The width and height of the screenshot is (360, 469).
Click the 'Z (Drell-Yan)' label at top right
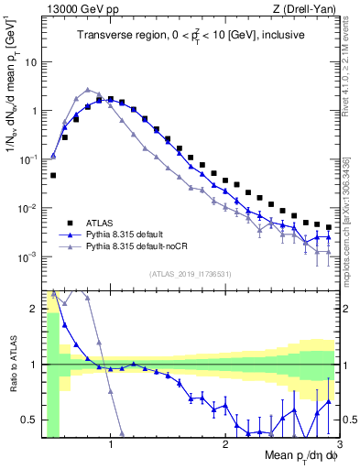tap(307, 9)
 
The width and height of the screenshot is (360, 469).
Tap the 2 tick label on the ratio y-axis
tap(35, 308)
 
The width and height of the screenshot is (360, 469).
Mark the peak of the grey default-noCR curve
tap(88, 90)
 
